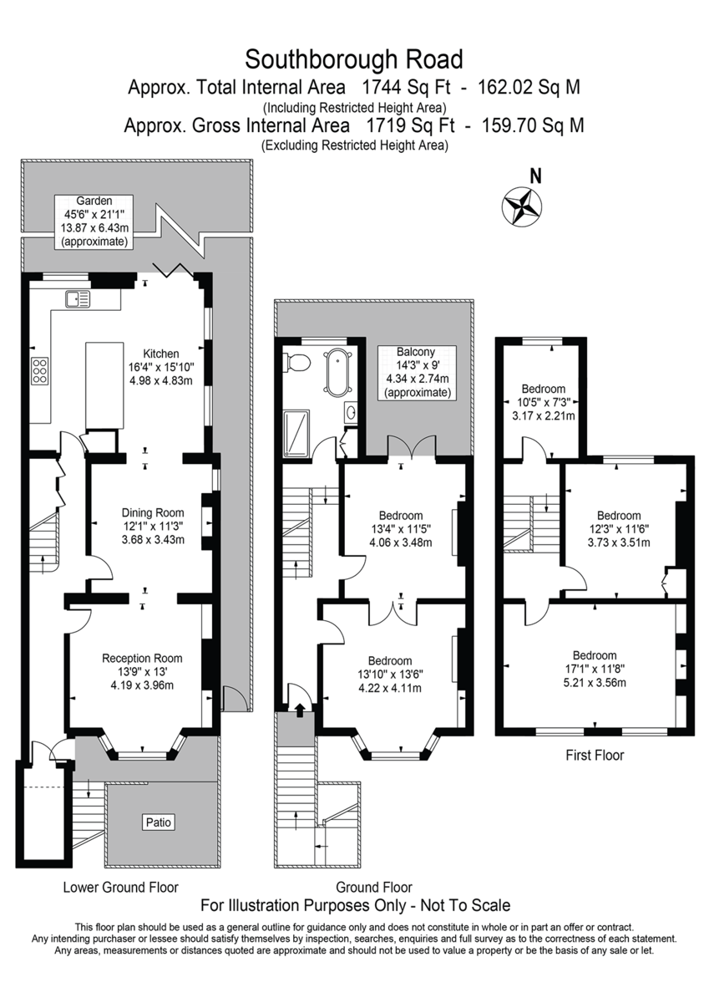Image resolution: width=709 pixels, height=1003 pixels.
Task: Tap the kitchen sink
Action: coord(78,298)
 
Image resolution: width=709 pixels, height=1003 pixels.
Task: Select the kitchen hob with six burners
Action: coord(39,370)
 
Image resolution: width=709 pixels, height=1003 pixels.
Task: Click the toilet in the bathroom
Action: coord(297,362)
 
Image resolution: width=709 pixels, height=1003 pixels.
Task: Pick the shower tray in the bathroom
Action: coord(296,433)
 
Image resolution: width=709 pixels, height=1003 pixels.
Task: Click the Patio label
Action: coord(159,822)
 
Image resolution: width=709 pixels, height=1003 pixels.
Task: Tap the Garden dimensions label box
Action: coord(94,221)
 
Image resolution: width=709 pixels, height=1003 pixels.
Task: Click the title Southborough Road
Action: coord(354,59)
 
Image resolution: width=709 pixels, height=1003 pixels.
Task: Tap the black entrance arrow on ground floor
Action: coord(300,710)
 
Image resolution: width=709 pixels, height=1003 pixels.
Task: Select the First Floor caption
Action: coord(595,755)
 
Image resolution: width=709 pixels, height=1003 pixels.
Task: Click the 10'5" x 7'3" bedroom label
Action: coord(544,402)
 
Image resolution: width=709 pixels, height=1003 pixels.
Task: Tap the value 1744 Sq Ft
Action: coord(405,87)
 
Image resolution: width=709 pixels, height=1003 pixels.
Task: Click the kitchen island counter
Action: coord(104,385)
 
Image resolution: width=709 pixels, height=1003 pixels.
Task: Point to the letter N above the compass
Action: coord(535,176)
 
